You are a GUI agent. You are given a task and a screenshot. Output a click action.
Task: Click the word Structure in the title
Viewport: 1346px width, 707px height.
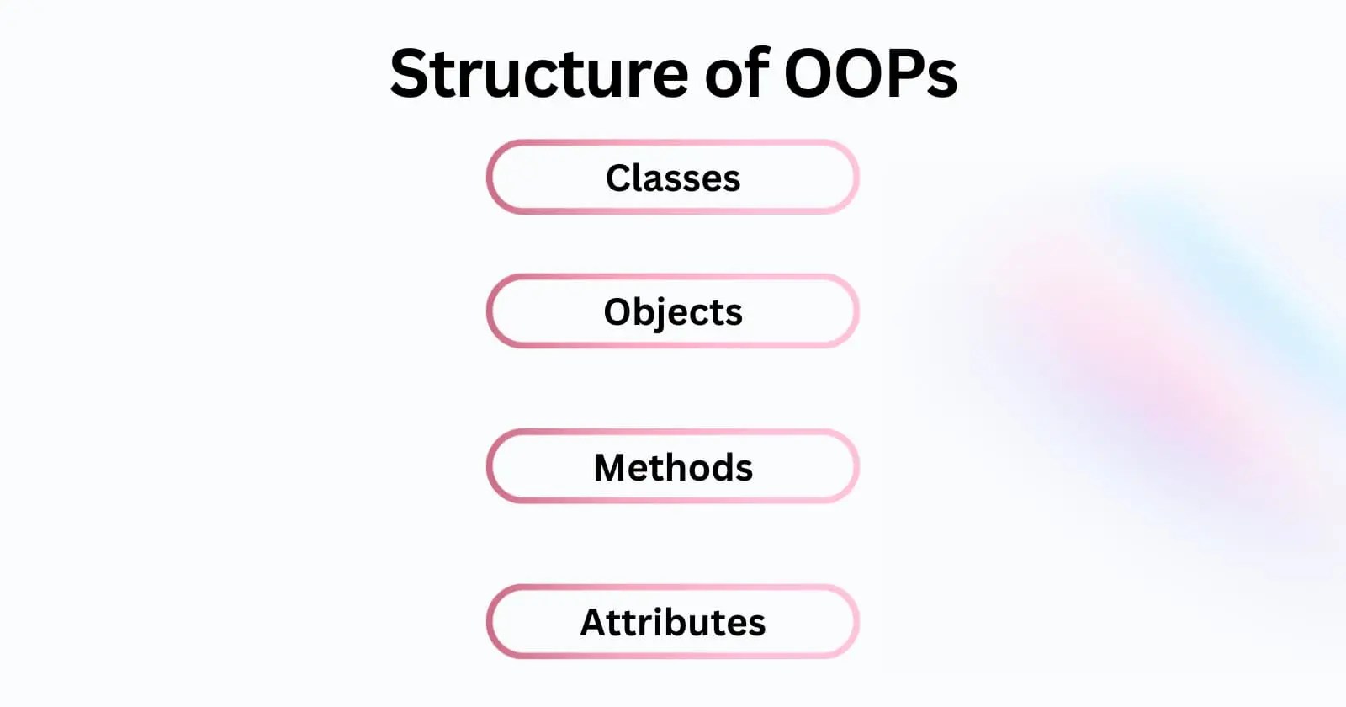(539, 74)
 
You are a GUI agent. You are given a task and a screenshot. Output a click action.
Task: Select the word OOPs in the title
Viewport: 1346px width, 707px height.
(871, 74)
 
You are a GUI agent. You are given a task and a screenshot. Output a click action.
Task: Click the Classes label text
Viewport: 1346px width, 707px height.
(673, 178)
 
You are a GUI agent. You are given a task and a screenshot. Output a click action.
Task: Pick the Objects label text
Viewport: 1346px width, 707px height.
(673, 312)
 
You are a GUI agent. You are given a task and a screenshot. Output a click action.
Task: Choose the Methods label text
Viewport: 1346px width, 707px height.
(673, 467)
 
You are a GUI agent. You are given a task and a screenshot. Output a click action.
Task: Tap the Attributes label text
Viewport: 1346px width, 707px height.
(673, 623)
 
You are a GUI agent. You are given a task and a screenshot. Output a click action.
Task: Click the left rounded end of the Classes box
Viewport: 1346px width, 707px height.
(491, 178)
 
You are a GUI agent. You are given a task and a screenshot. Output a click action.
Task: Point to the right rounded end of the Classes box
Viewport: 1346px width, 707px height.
(855, 178)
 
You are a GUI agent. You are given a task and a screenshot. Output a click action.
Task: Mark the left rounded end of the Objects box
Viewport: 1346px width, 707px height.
(491, 311)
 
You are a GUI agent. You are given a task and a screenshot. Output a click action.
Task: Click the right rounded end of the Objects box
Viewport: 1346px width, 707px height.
(855, 311)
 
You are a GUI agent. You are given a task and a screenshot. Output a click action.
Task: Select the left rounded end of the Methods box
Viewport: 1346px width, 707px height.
(491, 466)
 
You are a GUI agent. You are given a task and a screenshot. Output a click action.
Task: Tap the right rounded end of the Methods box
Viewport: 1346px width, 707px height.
(855, 466)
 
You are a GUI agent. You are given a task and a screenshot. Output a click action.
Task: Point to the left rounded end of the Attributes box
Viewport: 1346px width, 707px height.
(491, 622)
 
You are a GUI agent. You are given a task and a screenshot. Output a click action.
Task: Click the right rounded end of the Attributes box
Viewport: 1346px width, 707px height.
(855, 622)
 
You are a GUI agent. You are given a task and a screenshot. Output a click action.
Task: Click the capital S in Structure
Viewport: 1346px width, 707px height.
(412, 74)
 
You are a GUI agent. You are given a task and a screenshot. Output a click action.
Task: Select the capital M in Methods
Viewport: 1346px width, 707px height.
(611, 467)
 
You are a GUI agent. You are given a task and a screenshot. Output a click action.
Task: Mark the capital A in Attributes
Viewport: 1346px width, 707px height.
(595, 623)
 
